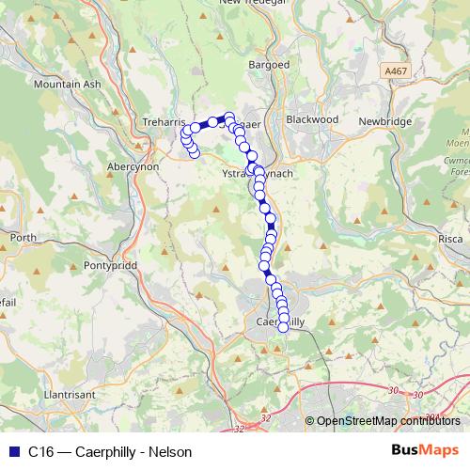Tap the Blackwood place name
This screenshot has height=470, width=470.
(x=311, y=120)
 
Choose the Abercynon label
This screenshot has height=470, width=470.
(x=134, y=165)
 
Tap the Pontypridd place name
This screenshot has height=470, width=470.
(x=112, y=266)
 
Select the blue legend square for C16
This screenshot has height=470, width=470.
(x=12, y=452)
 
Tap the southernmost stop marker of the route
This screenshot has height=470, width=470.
(x=283, y=328)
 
